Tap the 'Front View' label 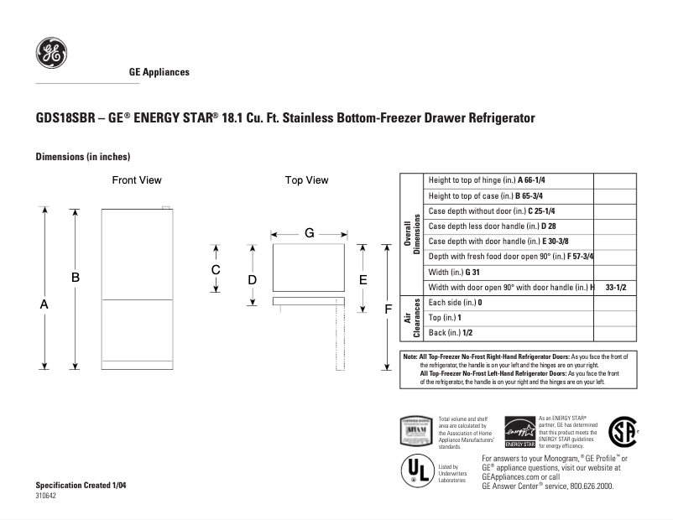point(137,180)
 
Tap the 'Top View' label point(306,180)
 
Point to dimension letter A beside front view point(44,305)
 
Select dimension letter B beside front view point(75,277)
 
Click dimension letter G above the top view point(309,232)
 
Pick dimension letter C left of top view point(216,270)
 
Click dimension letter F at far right point(388,309)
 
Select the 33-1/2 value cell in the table point(615,287)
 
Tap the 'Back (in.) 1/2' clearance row point(451,333)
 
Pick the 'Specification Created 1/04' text point(81,486)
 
